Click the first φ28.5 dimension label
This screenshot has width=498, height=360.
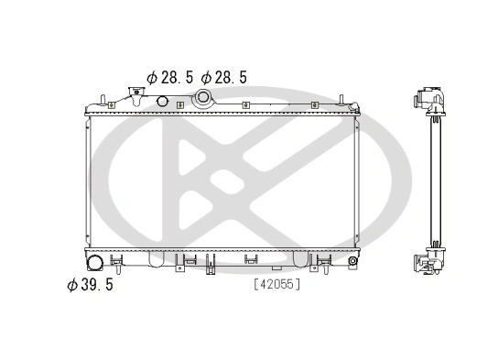coord(169,78)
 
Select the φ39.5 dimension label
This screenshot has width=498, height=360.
coord(90,285)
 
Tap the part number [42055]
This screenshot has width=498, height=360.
coord(276,284)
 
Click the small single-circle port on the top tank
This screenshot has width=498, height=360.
coord(163,100)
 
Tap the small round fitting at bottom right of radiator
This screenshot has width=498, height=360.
coord(352,261)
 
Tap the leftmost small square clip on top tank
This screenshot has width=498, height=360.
coord(111,104)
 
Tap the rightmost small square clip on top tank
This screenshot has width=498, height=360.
coord(314,104)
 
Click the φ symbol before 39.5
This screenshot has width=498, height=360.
coord(71,285)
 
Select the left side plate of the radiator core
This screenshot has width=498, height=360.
coord(89,179)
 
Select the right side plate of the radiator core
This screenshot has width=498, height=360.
coord(356,179)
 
